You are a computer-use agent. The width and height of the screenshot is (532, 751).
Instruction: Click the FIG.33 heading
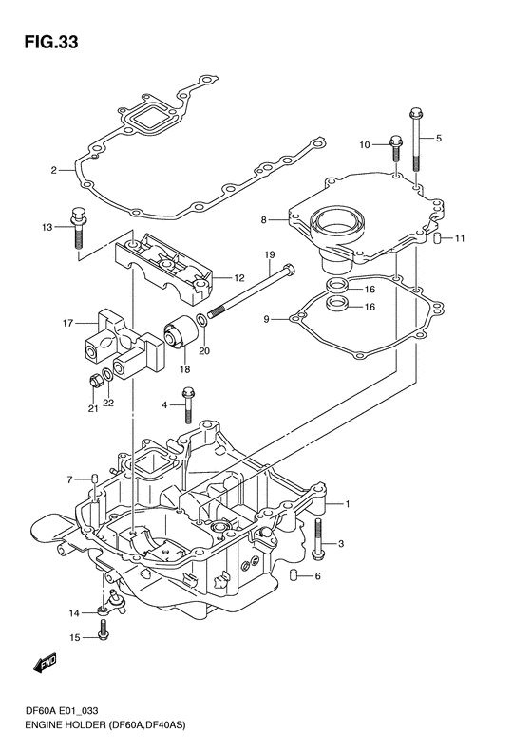point(51,43)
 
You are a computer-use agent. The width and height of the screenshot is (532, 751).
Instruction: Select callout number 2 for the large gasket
point(54,170)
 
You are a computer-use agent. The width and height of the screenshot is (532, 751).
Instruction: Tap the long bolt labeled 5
point(415,140)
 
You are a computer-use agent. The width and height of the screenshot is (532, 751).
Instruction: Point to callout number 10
point(365,144)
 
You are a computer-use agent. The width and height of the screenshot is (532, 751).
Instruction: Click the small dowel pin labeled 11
point(437,237)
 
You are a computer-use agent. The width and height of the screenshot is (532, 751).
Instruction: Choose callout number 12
point(238,278)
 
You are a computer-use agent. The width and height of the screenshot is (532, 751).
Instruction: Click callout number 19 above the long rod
point(269,255)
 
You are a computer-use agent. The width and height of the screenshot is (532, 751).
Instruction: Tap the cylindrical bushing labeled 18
point(180,334)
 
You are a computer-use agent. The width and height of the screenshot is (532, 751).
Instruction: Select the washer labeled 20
point(202,320)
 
